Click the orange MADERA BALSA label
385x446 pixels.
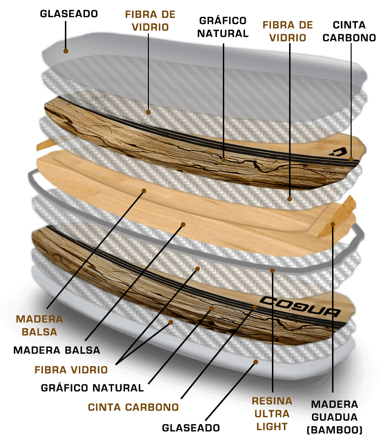tap(39, 325)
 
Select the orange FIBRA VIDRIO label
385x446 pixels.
tap(71, 370)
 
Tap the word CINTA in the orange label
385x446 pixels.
tap(105, 407)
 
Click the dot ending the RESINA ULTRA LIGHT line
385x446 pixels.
tap(272, 270)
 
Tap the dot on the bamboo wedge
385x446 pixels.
tap(333, 223)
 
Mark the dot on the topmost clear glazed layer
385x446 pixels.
tap(66, 50)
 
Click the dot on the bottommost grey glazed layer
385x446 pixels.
tap(256, 362)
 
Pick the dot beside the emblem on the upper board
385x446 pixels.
tap(352, 159)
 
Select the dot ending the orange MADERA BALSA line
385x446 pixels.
tap(143, 191)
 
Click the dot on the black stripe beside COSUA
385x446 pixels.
tap(255, 307)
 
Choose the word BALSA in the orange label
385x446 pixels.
tap(39, 331)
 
